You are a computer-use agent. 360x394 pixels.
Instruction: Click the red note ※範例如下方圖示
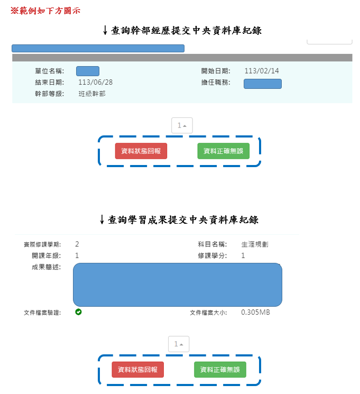45,10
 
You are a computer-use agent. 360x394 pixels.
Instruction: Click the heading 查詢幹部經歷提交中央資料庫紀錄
183,31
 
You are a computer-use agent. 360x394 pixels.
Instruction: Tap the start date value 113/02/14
261,71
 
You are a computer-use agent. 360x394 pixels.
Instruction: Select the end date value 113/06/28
95,82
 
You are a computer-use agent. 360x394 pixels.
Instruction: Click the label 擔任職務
215,82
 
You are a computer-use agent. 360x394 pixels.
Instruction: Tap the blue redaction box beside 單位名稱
88,71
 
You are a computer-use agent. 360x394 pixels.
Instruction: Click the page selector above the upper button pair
182,125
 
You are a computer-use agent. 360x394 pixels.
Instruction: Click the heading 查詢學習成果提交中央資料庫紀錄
179,219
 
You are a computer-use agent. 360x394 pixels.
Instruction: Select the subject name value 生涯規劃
255,244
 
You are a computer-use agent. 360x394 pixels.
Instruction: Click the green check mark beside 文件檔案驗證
78,312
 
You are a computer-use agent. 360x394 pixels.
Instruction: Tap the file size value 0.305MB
255,313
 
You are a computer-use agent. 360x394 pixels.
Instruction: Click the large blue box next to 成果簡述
177,285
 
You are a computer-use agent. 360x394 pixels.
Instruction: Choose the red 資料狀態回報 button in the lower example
138,370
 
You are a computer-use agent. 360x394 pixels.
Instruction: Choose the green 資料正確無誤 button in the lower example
220,370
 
